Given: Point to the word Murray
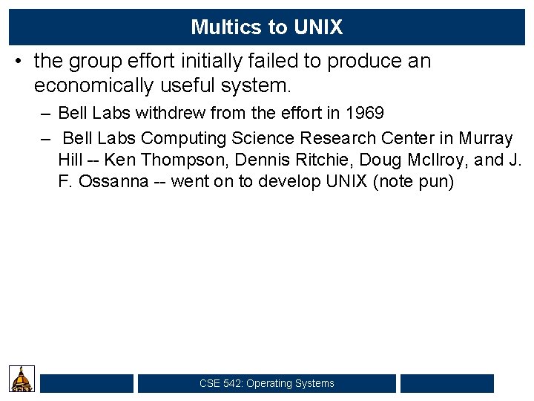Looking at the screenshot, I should click(485, 138).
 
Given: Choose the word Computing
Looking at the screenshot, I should click(184, 138).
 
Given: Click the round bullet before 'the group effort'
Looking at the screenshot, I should click(18, 62).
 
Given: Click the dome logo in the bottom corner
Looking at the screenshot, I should click(22, 379).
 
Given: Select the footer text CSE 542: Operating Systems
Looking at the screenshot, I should click(266, 383).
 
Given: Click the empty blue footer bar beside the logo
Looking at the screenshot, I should click(87, 383).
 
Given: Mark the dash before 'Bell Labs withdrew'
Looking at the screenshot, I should click(46, 114).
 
